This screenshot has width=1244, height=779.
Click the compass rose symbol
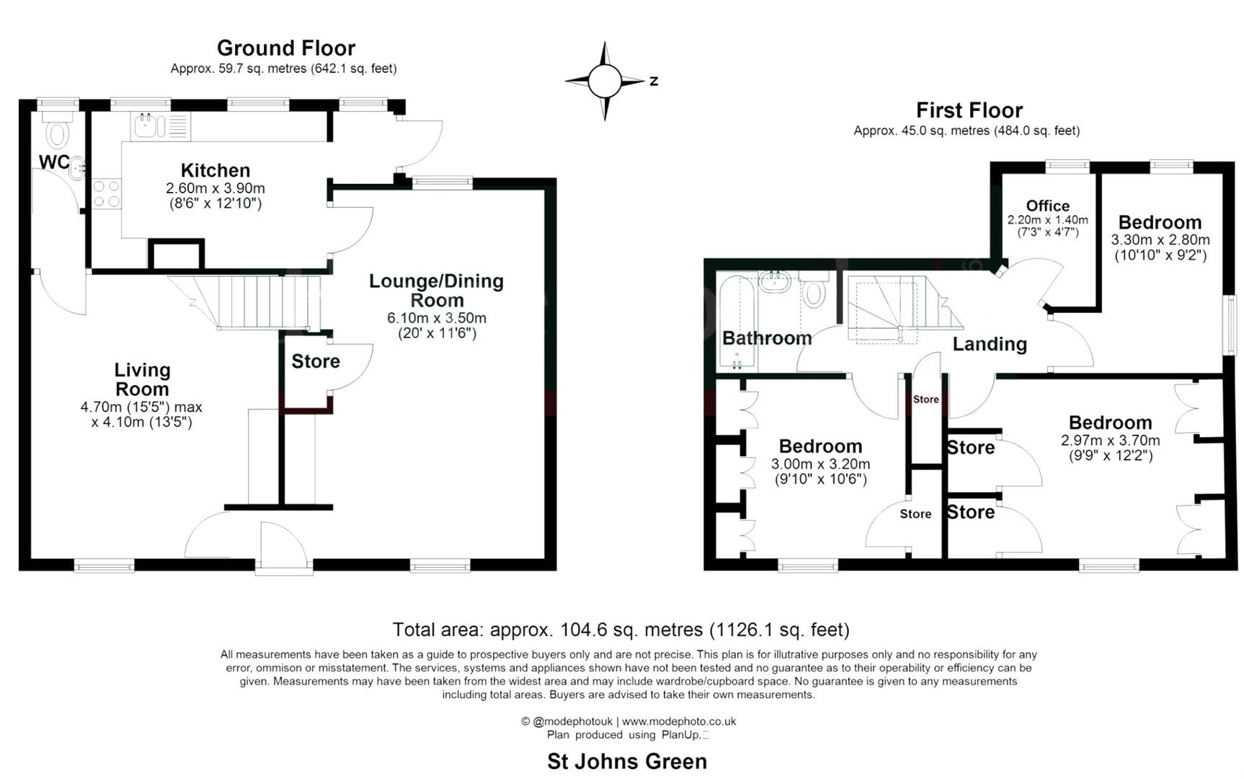[x=605, y=81]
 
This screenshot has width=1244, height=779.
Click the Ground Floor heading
[x=286, y=48]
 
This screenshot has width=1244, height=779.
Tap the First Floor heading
[x=969, y=110]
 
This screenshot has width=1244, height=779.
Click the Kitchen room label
[x=216, y=171]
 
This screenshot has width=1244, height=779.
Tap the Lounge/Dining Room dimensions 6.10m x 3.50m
[x=437, y=318]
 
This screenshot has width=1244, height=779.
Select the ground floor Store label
[x=315, y=361]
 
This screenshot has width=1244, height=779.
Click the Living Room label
[x=142, y=379]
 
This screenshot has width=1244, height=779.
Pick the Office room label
[x=1047, y=206]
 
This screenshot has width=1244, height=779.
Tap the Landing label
[x=989, y=344]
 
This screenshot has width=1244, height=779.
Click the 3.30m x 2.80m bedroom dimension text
[x=1160, y=240]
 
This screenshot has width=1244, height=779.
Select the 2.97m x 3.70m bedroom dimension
[x=1110, y=441]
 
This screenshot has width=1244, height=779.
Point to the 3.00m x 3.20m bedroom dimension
[x=820, y=465]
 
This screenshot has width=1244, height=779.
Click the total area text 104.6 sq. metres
[x=621, y=630]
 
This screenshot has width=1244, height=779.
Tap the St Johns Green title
[x=626, y=761]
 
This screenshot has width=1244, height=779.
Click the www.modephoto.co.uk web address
[x=678, y=721]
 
